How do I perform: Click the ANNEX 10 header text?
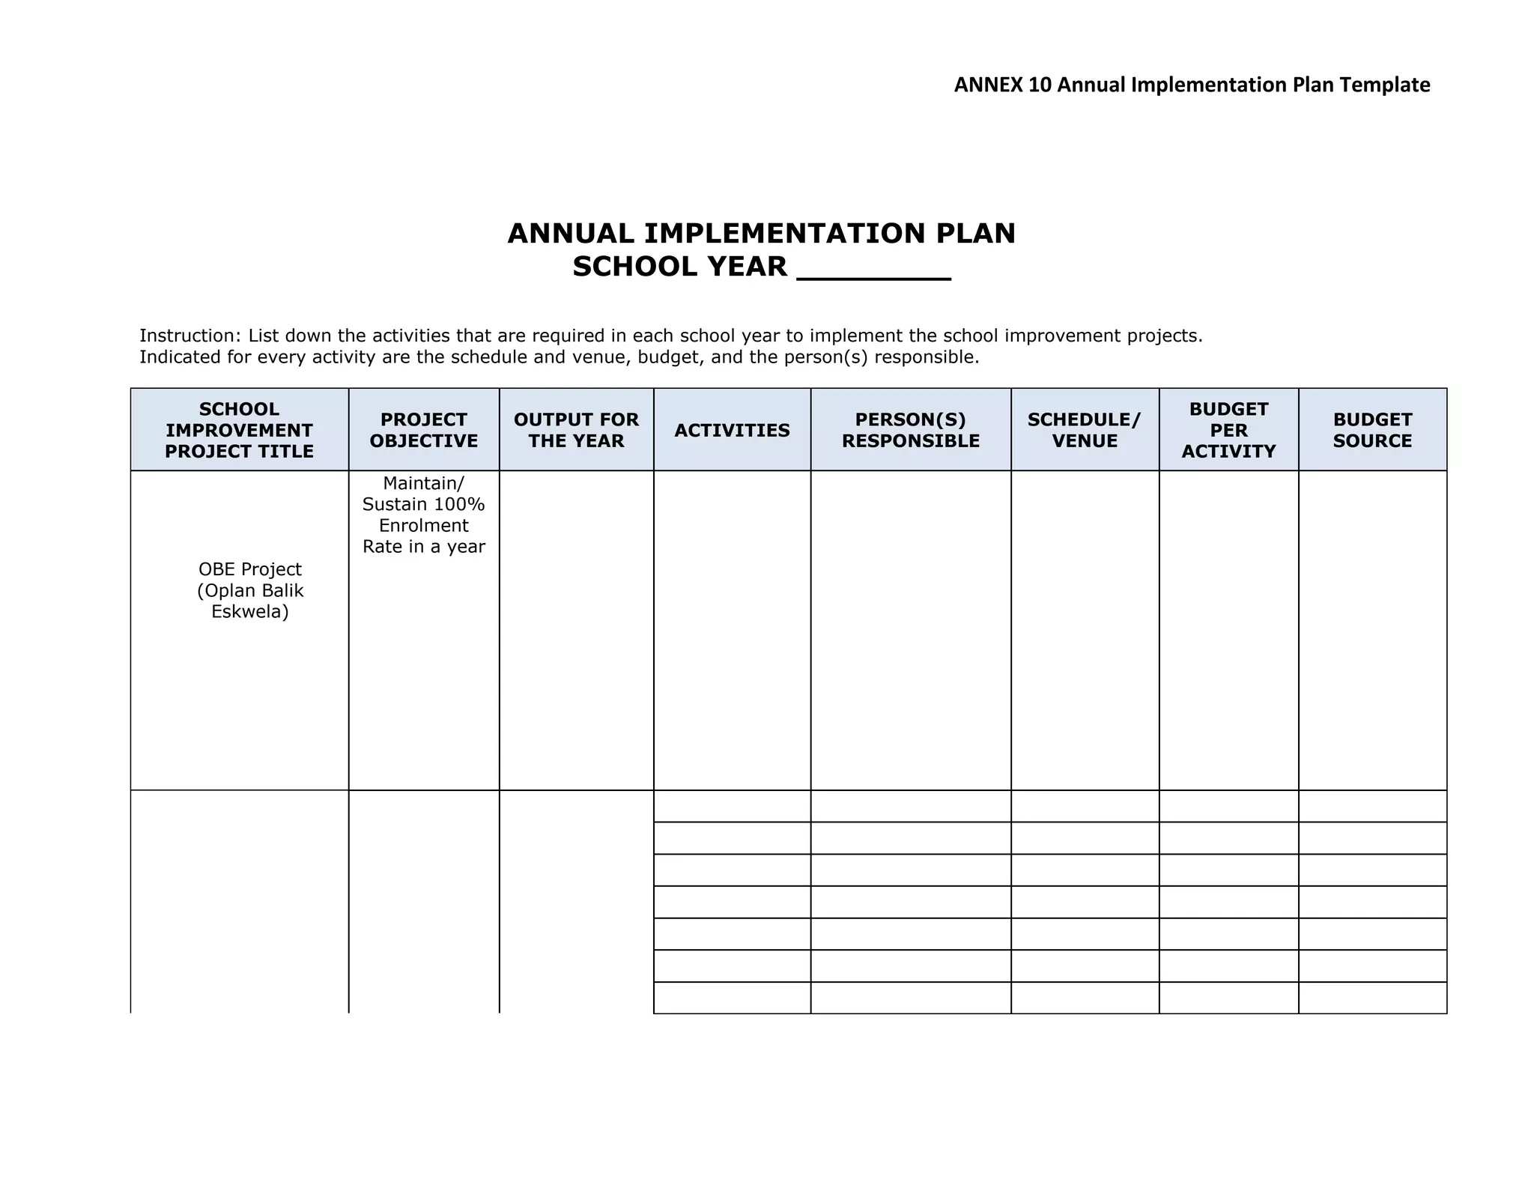point(1192,85)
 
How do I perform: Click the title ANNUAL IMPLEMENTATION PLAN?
point(761,234)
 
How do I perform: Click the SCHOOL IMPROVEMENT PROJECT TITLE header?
point(239,430)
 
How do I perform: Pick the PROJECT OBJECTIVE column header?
point(424,430)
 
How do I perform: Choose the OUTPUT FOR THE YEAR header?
point(576,430)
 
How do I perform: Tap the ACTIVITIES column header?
point(732,430)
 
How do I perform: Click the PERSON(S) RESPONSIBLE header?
point(911,430)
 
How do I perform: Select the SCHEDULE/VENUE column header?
point(1085,430)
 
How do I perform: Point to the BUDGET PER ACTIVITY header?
point(1228,430)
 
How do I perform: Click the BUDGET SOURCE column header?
point(1372,430)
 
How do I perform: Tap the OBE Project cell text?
point(250,569)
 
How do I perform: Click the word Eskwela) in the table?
point(250,612)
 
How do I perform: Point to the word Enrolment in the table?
point(424,525)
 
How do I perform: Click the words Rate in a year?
point(424,547)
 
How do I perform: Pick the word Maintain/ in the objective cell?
point(424,483)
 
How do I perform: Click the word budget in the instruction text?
point(670,357)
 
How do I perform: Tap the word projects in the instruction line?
point(1165,336)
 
